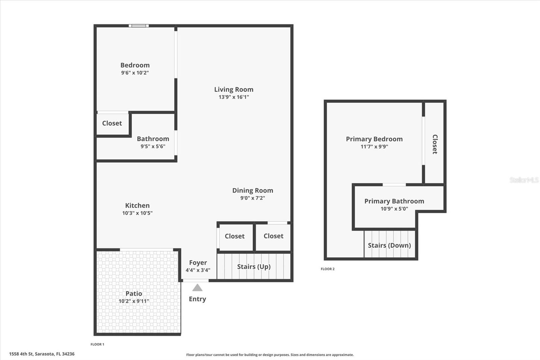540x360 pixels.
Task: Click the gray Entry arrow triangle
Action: [x=197, y=288]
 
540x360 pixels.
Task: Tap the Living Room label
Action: [x=234, y=89]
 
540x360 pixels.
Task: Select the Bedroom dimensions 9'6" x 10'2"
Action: [x=135, y=73]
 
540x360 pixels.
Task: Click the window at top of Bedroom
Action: [x=139, y=26]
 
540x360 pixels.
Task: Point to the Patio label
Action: [x=134, y=293]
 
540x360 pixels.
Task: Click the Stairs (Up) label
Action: [x=254, y=266]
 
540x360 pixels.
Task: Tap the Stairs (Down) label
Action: [x=389, y=245]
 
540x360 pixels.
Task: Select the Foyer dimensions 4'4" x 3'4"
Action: [x=198, y=270]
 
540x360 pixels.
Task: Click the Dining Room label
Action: [x=252, y=190]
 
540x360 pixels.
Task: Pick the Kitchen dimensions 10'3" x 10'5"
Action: [x=137, y=213]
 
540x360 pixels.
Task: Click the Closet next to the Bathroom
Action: [x=112, y=123]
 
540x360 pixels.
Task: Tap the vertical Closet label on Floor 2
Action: [x=435, y=144]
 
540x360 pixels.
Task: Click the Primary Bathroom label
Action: [x=394, y=201]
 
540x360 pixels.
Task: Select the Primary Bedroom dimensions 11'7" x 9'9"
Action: [x=374, y=147]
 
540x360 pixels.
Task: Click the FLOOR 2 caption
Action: [x=327, y=269]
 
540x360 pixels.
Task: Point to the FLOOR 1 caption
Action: [x=97, y=344]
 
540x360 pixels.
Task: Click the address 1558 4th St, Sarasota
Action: [x=42, y=354]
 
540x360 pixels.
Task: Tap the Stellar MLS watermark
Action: [x=524, y=180]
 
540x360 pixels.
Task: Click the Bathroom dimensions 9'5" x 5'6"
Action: [x=153, y=146]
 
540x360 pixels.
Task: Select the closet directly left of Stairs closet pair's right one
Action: [x=235, y=236]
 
